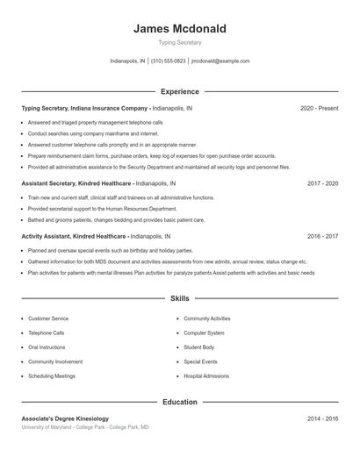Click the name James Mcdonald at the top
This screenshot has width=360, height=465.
point(180,28)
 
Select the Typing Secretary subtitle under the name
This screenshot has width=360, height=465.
point(180,43)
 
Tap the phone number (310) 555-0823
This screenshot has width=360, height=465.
point(168,61)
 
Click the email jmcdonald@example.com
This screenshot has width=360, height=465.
point(220,61)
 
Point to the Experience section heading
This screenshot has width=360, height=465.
point(180,91)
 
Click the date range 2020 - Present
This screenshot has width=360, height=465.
point(319,108)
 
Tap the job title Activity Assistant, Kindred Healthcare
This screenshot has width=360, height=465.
point(75,236)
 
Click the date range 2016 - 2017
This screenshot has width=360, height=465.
point(322,236)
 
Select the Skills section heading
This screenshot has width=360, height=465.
point(180,298)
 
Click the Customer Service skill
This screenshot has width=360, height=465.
point(48,318)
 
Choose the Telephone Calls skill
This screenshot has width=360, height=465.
point(47,333)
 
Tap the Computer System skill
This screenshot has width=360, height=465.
point(204,333)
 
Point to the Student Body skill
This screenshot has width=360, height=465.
point(198,347)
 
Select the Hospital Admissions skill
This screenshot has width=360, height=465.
point(206,376)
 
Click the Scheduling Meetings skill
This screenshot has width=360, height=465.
point(52,376)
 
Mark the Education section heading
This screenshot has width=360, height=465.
point(180,402)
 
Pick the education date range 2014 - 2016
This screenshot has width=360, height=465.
point(322,418)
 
